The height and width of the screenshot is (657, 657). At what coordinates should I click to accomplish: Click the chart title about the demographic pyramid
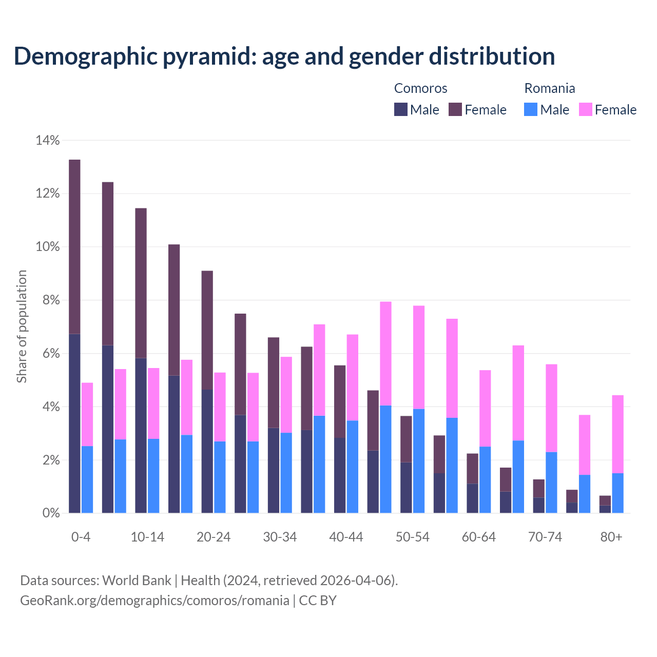tap(284, 56)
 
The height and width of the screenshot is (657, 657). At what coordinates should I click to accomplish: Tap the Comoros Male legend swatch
tap(400, 109)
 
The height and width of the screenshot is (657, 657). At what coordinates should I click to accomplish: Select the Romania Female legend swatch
tap(585, 109)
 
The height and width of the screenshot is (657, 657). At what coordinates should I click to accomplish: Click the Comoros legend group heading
tap(420, 88)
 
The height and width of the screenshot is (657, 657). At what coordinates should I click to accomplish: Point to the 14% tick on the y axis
tap(48, 140)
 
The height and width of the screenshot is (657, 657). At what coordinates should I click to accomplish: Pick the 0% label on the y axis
tap(50, 513)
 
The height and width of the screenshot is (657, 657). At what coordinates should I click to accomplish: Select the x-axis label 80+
tap(611, 537)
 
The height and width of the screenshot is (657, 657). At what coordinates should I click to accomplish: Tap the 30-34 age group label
tap(280, 537)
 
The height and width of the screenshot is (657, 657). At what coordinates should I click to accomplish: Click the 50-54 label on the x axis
tap(412, 537)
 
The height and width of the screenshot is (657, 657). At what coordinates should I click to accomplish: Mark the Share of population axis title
tap(22, 326)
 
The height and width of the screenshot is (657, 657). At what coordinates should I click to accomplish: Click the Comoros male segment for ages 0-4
tap(74, 423)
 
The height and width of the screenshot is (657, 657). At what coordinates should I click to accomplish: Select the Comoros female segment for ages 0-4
tap(74, 247)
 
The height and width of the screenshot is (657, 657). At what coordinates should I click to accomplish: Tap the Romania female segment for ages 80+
tap(618, 434)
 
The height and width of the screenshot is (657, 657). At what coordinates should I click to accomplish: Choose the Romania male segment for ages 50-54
tap(419, 461)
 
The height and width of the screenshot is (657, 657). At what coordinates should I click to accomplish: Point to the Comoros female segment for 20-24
tap(207, 330)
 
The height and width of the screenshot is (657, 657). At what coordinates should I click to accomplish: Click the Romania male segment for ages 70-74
tap(551, 482)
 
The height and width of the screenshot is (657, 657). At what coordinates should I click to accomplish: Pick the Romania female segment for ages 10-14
tap(153, 403)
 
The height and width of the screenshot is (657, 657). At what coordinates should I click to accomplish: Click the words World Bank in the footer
tap(137, 581)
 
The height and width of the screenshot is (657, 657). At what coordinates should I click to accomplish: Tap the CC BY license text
tap(318, 601)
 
